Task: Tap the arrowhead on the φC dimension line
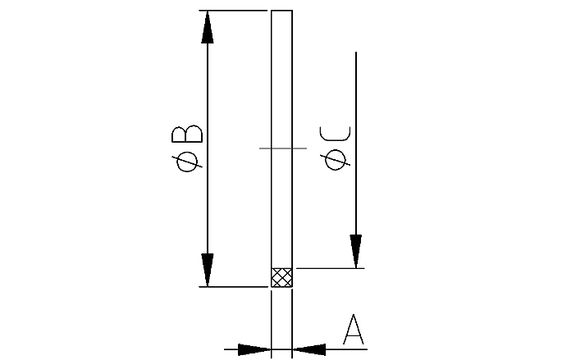356,251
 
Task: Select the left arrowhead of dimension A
254,349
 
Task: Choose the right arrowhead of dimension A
309,349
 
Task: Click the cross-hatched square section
281,277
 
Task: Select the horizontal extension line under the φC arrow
328,267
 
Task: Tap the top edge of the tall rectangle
281,11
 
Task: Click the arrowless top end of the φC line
356,54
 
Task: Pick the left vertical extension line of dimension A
272,324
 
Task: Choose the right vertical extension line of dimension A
292,324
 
